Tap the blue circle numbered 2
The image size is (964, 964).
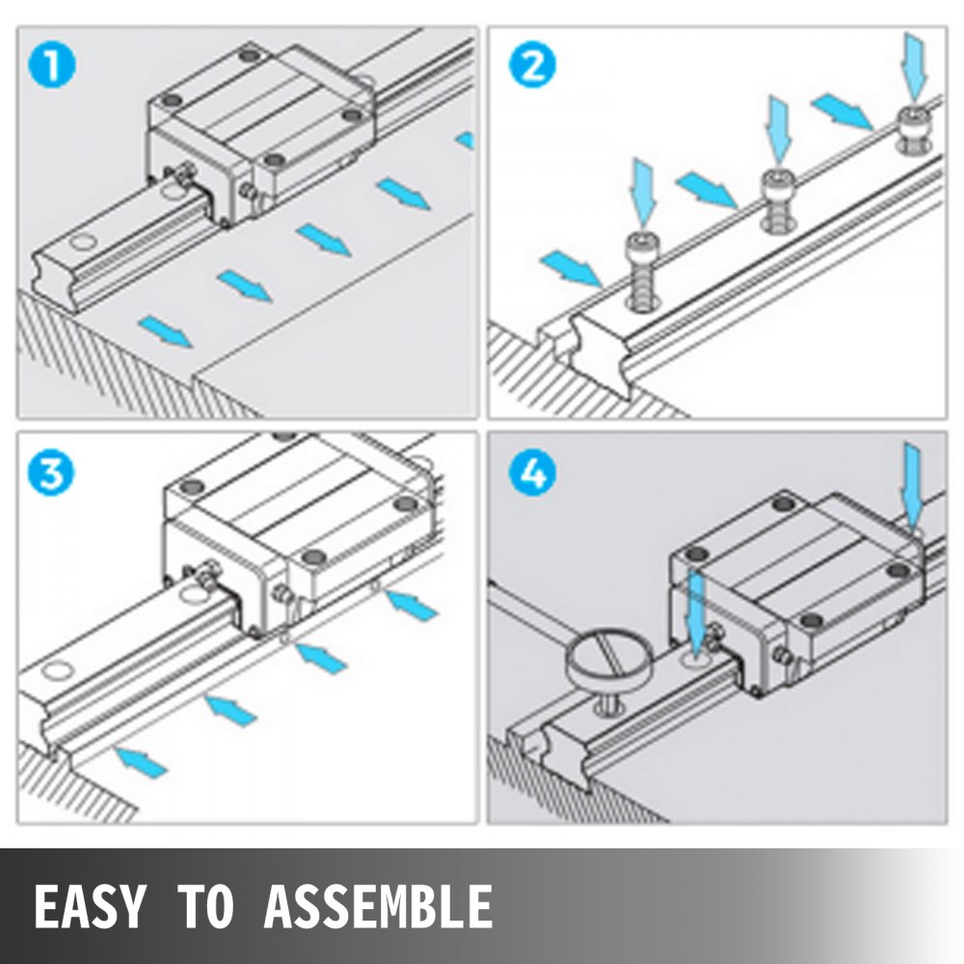532,67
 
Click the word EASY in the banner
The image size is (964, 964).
90,906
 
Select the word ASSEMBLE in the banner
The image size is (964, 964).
378,906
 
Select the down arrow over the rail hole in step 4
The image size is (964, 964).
697,611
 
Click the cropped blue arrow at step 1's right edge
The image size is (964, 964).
466,140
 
